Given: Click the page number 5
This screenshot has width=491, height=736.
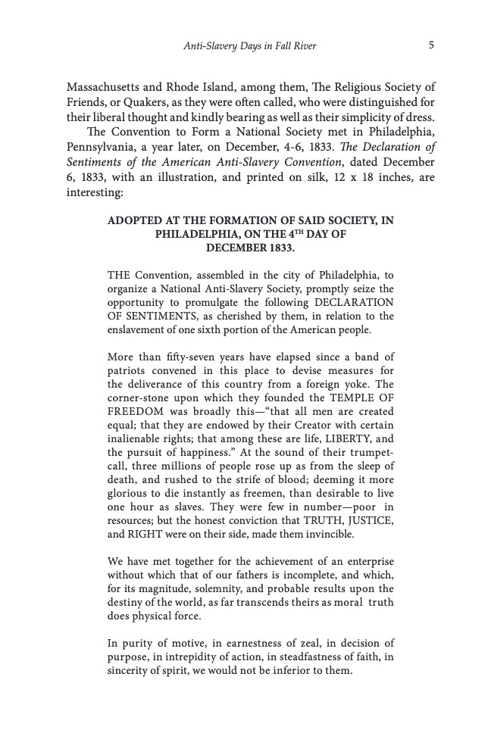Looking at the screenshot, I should coord(430,45).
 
